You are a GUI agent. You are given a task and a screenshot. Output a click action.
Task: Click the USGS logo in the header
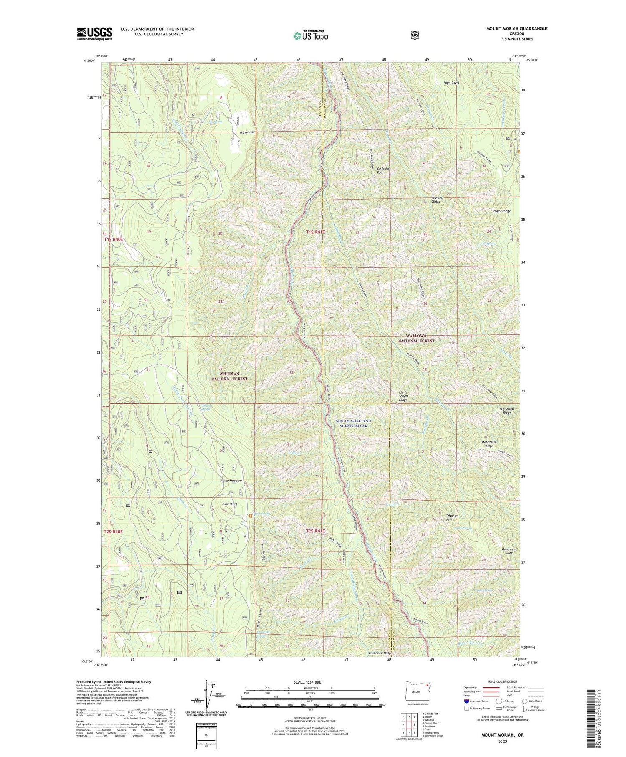95,33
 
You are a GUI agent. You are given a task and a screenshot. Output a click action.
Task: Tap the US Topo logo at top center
310,35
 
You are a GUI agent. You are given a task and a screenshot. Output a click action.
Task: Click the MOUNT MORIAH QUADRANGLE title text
517,28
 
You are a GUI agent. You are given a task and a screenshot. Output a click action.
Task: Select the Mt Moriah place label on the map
247,132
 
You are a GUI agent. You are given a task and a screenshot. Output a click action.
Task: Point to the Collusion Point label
384,170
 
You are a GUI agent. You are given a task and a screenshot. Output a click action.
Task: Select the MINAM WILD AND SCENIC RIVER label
353,423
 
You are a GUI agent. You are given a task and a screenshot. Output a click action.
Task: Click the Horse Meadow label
231,481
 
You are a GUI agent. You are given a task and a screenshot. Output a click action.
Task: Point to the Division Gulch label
437,200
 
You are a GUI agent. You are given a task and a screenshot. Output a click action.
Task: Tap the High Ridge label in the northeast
451,83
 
